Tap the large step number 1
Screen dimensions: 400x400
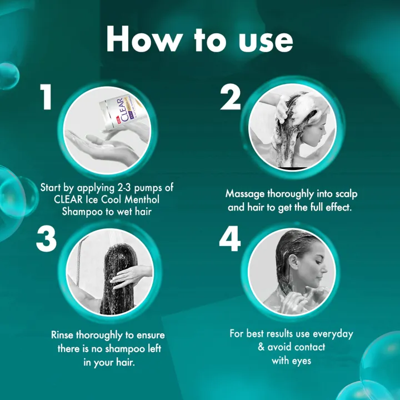pyautogui.click(x=46, y=97)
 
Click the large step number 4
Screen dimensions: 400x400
pyautogui.click(x=230, y=239)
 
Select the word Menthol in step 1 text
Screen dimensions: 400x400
pyautogui.click(x=142, y=199)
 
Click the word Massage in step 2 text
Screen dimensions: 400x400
pyautogui.click(x=245, y=194)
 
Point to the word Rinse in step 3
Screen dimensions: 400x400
pyautogui.click(x=62, y=334)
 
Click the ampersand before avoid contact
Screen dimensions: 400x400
pyautogui.click(x=261, y=347)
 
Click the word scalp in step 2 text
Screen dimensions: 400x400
pyautogui.click(x=346, y=194)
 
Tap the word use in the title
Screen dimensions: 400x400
pyautogui.click(x=266, y=43)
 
